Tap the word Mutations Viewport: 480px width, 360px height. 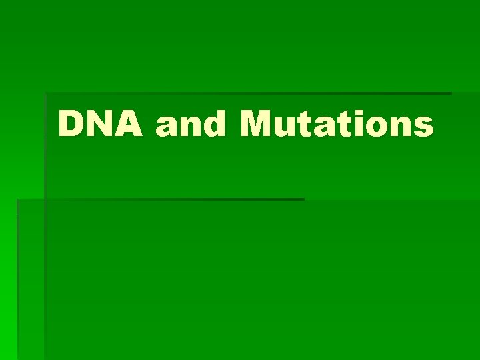(x=337, y=124)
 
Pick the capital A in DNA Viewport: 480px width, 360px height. (x=131, y=124)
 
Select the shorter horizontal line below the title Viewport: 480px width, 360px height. (x=160, y=199)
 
